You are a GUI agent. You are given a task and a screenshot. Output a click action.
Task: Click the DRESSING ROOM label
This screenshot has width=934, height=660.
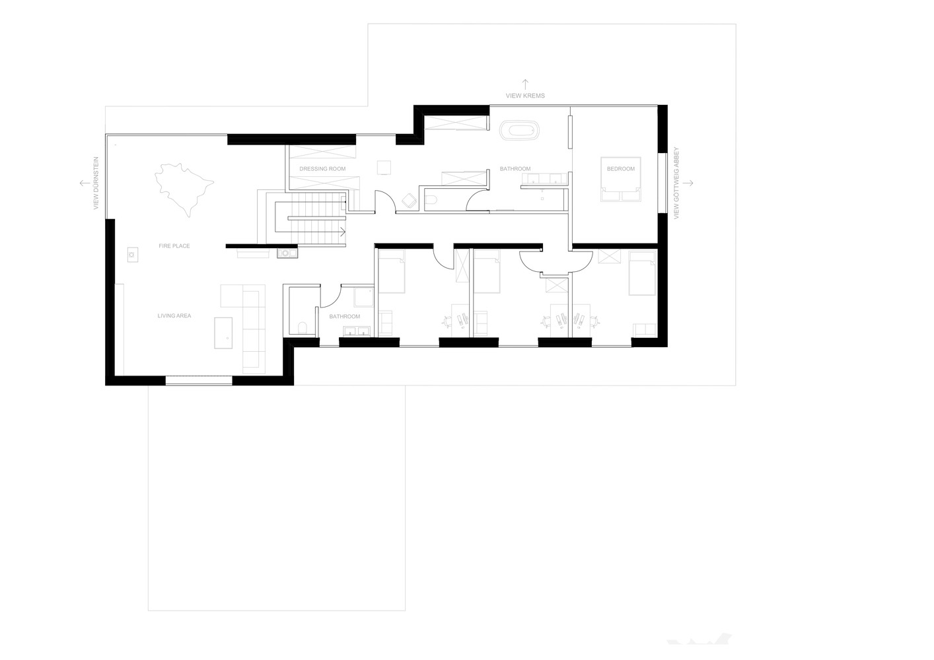pyautogui.click(x=322, y=169)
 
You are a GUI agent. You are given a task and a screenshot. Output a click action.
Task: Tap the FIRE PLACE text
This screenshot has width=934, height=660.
pyautogui.click(x=174, y=246)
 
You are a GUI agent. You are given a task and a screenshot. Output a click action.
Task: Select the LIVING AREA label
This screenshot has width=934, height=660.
pyautogui.click(x=174, y=316)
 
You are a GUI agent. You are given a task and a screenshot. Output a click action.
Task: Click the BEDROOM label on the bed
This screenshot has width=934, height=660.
pyautogui.click(x=621, y=169)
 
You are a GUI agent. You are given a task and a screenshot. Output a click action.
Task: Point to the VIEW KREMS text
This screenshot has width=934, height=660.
pyautogui.click(x=525, y=96)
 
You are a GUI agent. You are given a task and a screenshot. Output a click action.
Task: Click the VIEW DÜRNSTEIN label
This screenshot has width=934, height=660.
pyautogui.click(x=96, y=183)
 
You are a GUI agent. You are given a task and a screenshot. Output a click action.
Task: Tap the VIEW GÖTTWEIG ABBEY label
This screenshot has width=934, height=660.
pyautogui.click(x=676, y=183)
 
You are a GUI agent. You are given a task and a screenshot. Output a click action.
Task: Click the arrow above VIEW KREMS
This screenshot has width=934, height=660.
pyautogui.click(x=525, y=84)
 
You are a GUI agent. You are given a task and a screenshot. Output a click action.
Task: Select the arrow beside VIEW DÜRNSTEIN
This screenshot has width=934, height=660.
pyautogui.click(x=85, y=183)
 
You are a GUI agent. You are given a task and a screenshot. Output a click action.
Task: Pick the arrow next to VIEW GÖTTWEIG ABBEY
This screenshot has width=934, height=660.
pyautogui.click(x=688, y=183)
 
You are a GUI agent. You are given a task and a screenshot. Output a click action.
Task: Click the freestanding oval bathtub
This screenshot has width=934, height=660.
pyautogui.click(x=519, y=130)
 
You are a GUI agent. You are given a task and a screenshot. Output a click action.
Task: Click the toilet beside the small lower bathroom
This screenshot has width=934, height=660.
pyautogui.click(x=303, y=328)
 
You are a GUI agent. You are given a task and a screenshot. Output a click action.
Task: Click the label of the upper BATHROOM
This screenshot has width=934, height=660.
pyautogui.click(x=515, y=169)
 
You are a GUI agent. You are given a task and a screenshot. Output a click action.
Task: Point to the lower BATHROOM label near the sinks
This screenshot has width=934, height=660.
pyautogui.click(x=344, y=317)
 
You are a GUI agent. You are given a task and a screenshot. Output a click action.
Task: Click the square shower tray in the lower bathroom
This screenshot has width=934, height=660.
pyautogui.click(x=363, y=298)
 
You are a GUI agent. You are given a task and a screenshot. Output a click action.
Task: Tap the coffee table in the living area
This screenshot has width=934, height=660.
pyautogui.click(x=223, y=333)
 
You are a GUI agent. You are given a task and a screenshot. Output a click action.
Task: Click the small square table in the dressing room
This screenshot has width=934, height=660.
pyautogui.click(x=384, y=168)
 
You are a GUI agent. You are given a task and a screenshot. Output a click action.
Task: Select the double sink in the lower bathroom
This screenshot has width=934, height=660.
pyautogui.click(x=357, y=332)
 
